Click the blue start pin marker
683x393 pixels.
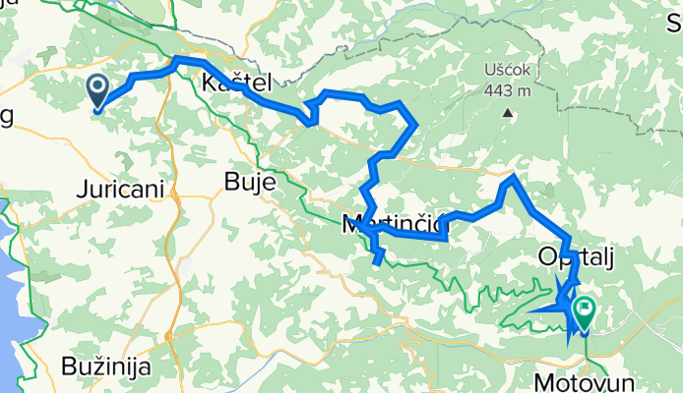(98, 90)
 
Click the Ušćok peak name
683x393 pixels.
(509, 71)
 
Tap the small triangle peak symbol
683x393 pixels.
(509, 113)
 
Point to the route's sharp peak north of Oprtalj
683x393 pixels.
(512, 178)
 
